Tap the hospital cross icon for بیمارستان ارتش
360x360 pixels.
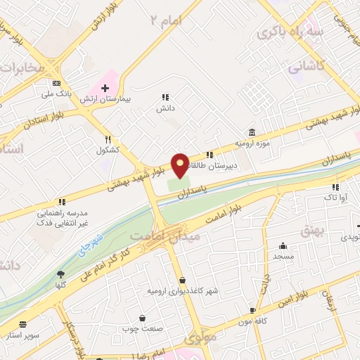pyautogui.click(x=105, y=89)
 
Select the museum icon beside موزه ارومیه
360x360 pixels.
pyautogui.click(x=252, y=132)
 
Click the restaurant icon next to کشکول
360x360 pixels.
pyautogui.click(x=108, y=139)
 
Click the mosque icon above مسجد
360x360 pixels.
pyautogui.click(x=283, y=246)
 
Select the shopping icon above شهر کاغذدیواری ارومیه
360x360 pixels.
pyautogui.click(x=182, y=280)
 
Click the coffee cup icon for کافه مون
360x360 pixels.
pyautogui.click(x=253, y=310)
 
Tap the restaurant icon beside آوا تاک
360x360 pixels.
pyautogui.click(x=335, y=187)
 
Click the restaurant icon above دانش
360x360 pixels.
pyautogui.click(x=165, y=98)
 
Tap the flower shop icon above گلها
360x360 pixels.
pyautogui.click(x=60, y=274)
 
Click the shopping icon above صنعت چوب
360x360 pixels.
pyautogui.click(x=143, y=318)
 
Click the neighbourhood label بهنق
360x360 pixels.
pyautogui.click(x=310, y=229)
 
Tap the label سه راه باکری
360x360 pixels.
pyautogui.click(x=281, y=32)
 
